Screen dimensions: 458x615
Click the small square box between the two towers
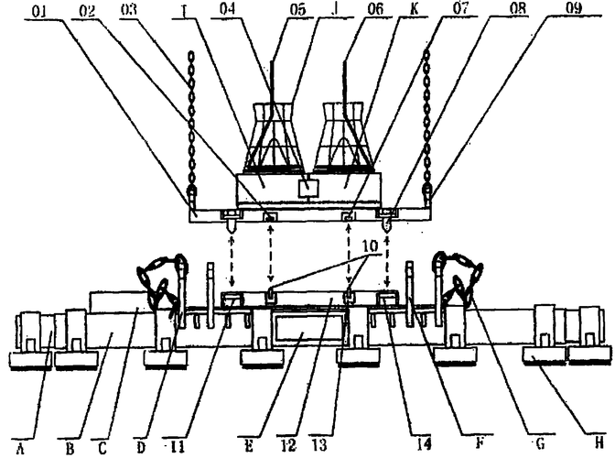[x=309, y=189]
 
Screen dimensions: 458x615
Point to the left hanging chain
[x=191, y=119]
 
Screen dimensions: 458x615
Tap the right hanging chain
[x=427, y=119]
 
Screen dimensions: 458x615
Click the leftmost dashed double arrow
[x=232, y=256]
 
